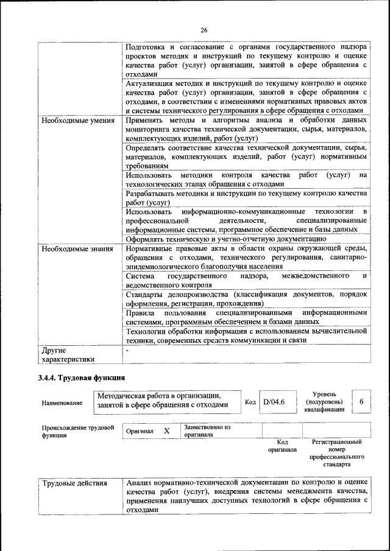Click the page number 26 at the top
[204, 30]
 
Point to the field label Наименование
[62, 403]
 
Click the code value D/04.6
[274, 402]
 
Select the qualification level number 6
[361, 402]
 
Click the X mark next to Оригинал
[166, 430]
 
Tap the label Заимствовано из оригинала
[207, 431]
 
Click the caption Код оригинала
[282, 446]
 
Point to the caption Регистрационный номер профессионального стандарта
[336, 453]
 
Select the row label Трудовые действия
[74, 483]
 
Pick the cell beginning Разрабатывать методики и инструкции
[246, 198]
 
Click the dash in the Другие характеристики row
[127, 352]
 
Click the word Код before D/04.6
[250, 402]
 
